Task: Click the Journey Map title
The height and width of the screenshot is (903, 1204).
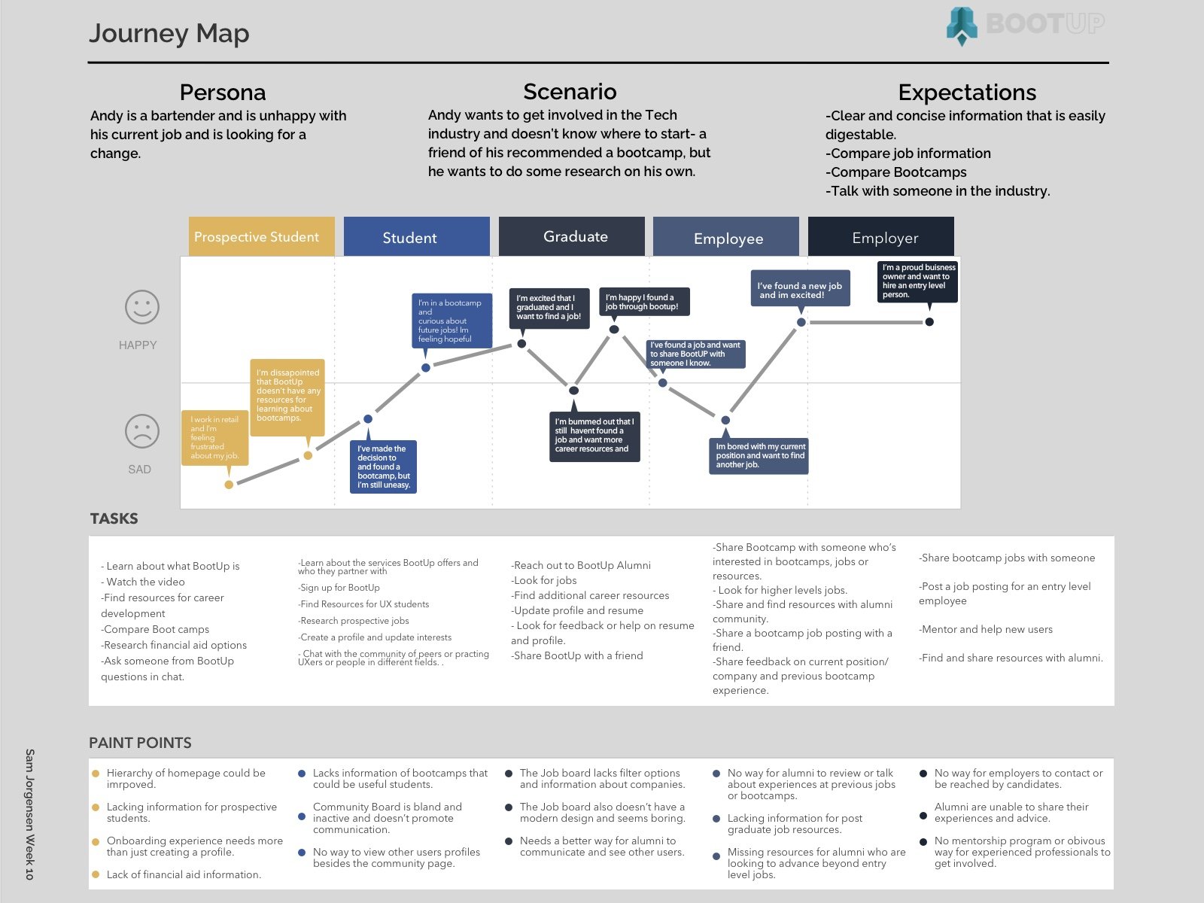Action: tap(169, 33)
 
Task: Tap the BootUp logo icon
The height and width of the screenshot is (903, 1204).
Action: tap(962, 26)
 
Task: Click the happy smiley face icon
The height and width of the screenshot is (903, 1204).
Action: tap(141, 307)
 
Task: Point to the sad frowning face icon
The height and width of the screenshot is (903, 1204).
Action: tap(141, 432)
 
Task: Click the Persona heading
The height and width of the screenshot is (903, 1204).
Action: tap(222, 93)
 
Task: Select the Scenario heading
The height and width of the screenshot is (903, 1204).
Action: tap(570, 92)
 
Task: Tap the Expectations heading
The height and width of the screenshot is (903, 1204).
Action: tap(966, 93)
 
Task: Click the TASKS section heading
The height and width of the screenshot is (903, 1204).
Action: tap(114, 518)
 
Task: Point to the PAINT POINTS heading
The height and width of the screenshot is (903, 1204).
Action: tap(140, 743)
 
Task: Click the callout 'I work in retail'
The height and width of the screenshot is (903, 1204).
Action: tap(214, 437)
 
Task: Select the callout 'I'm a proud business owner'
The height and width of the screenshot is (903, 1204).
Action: tap(918, 281)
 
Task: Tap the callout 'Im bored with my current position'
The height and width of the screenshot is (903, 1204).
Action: tap(759, 455)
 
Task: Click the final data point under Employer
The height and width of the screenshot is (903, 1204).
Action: tap(929, 322)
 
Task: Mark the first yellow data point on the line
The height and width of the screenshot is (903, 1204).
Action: tap(229, 485)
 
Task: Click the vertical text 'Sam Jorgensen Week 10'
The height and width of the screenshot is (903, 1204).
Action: tap(30, 813)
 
